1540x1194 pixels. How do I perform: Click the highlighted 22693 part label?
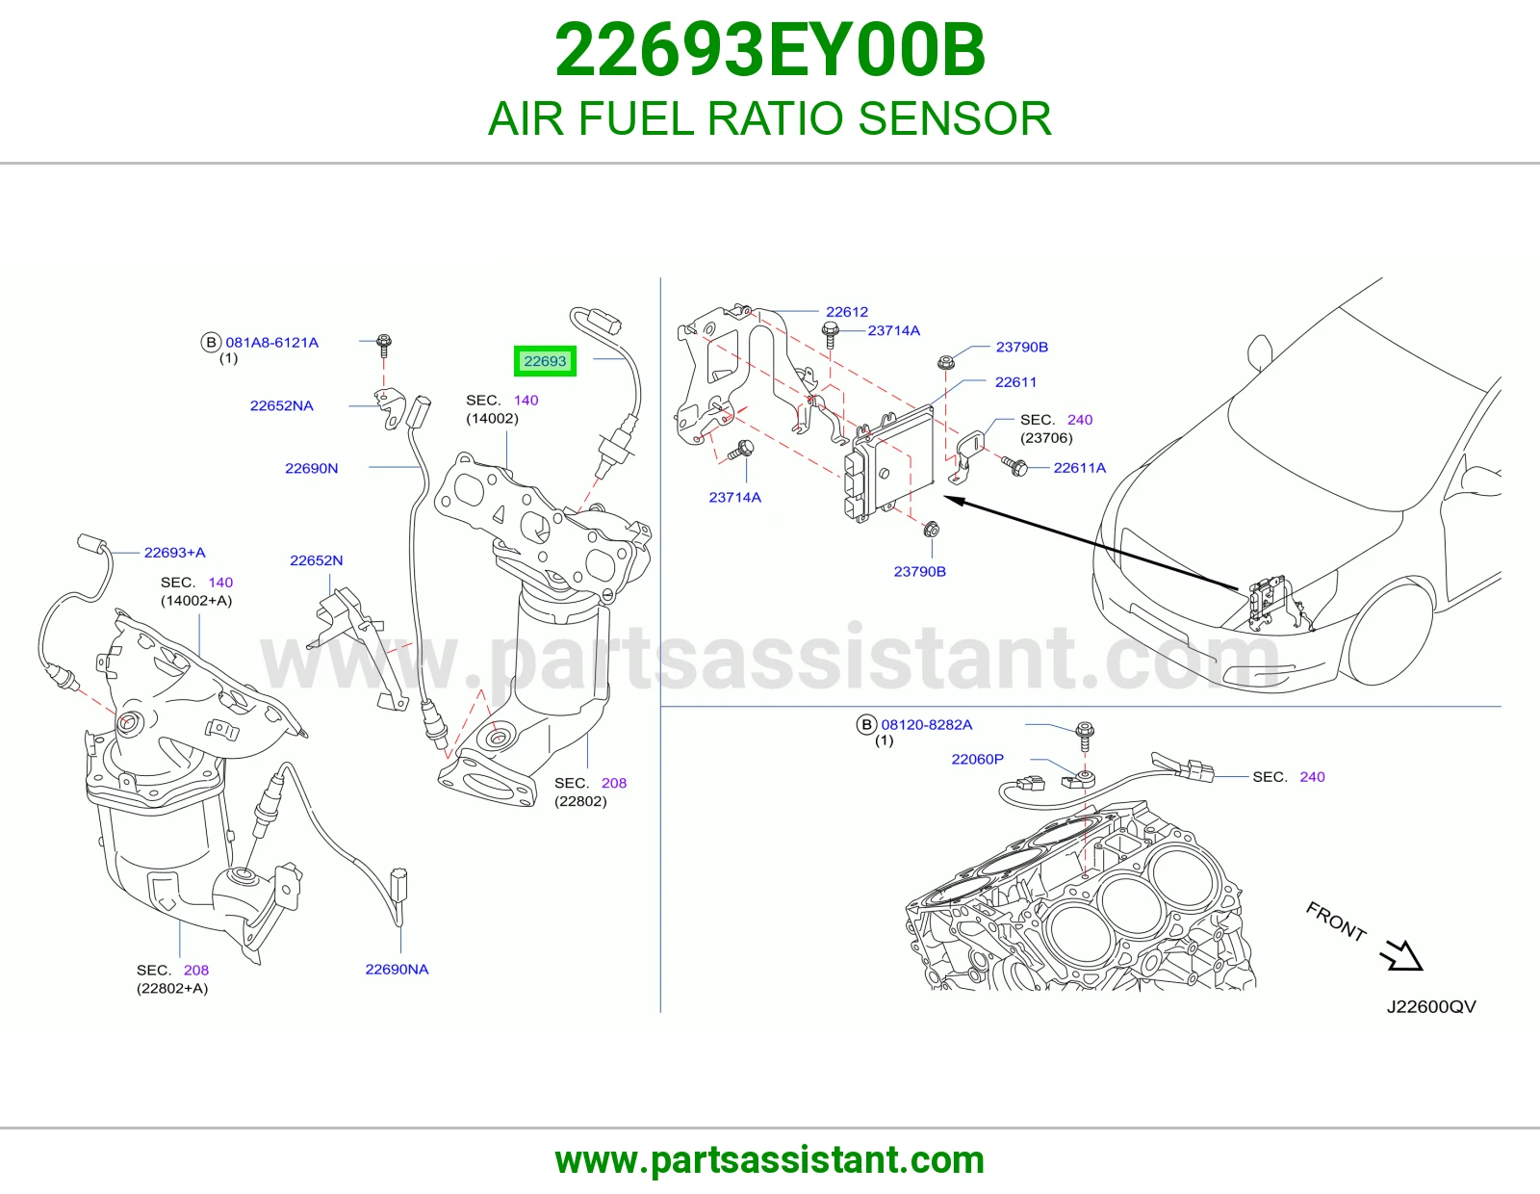point(545,361)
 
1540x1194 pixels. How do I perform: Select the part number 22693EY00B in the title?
point(770,51)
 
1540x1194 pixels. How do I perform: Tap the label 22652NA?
point(281,405)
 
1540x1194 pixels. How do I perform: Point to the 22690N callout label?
point(311,468)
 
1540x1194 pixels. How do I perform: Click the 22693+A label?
point(174,553)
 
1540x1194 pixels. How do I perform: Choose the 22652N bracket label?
point(316,560)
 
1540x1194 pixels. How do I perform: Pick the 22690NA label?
point(397,970)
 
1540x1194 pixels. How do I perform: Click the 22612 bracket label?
point(847,312)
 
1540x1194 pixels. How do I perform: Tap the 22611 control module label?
point(1015,382)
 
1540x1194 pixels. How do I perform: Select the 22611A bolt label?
point(1079,468)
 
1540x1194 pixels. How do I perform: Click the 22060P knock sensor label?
point(977,759)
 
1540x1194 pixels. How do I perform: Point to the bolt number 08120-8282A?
point(926,725)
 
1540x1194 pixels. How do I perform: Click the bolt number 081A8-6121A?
point(272,343)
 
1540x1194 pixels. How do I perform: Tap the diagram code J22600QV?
point(1431,1007)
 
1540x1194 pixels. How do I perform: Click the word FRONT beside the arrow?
point(1336,921)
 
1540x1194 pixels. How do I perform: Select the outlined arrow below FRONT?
point(1401,954)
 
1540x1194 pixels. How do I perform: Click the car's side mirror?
point(1259,352)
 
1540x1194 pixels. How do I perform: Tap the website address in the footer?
point(770,1160)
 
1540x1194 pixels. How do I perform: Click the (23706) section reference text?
point(1046,438)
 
